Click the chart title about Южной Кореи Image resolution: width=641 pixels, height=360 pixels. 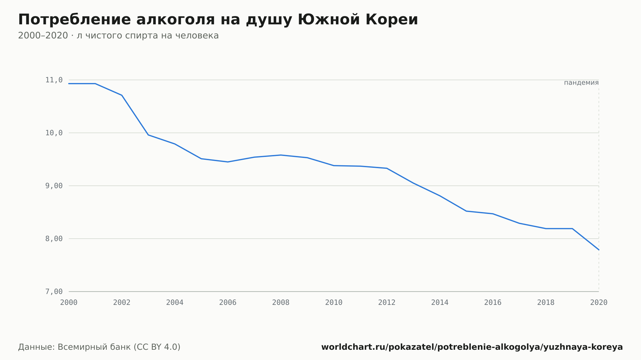[218, 20]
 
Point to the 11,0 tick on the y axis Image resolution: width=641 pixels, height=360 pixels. [54, 80]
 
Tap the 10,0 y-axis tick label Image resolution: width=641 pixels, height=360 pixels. [54, 133]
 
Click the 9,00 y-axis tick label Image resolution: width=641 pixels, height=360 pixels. [54, 186]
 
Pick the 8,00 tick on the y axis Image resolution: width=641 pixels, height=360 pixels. [54, 239]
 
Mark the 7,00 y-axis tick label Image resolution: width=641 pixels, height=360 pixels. [54, 291]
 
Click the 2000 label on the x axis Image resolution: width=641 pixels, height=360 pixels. [69, 303]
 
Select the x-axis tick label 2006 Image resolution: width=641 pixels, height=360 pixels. [228, 303]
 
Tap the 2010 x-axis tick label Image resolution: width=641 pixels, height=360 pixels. [334, 303]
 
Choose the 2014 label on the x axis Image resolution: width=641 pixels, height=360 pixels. [440, 303]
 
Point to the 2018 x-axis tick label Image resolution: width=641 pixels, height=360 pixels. [546, 303]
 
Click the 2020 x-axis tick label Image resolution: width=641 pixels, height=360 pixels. [599, 303]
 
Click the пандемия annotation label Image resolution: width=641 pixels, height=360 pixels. [581, 83]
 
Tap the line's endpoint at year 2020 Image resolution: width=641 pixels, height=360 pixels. [599, 250]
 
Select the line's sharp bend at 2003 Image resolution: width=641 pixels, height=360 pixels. [148, 135]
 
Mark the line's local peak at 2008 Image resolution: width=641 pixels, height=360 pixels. [281, 155]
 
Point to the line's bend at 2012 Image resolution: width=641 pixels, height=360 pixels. [387, 168]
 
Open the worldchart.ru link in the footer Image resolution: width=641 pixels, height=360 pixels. [472, 347]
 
